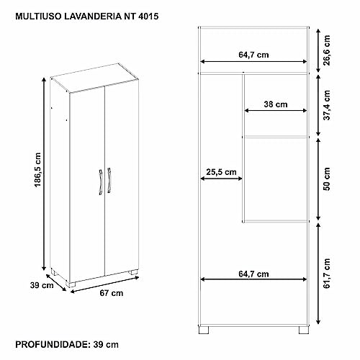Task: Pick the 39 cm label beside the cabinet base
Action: [42, 285]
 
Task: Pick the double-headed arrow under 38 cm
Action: [276, 111]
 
